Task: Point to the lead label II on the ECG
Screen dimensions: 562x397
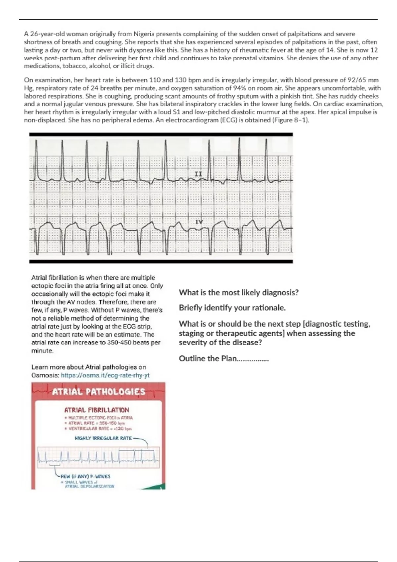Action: pos(198,174)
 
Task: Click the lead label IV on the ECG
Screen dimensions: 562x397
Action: pos(199,222)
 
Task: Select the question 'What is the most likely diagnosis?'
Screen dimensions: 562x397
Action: pos(239,293)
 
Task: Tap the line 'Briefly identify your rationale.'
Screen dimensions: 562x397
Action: pos(232,308)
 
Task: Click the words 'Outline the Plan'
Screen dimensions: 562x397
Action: pos(208,359)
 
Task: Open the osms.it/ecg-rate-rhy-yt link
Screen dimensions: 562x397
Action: pos(105,375)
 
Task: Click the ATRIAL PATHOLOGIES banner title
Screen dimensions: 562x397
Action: pos(99,392)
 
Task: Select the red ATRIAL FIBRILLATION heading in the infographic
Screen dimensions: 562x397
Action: pos(97,410)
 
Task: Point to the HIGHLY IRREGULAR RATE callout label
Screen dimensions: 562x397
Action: pos(103,438)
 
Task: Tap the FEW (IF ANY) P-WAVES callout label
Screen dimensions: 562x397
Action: pos(85,476)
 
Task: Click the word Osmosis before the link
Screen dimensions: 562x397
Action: pos(45,375)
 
